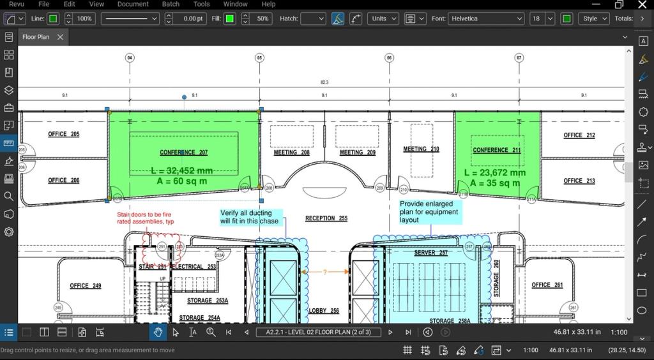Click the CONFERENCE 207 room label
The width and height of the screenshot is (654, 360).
click(183, 153)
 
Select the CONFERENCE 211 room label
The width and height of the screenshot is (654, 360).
click(496, 150)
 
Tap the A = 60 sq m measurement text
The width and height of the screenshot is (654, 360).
click(182, 181)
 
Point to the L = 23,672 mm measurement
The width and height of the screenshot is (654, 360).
click(494, 172)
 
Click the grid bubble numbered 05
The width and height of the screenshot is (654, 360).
click(259, 58)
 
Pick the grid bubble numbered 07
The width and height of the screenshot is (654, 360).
click(519, 58)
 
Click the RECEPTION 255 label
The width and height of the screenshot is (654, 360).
click(326, 218)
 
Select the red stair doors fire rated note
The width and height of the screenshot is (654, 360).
click(145, 218)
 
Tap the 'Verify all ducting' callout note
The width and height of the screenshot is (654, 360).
click(250, 217)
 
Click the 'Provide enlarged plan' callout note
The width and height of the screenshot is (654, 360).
click(429, 212)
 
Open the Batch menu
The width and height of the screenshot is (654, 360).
click(171, 4)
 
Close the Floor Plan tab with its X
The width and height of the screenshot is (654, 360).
click(61, 37)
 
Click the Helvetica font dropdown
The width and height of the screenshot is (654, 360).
click(486, 19)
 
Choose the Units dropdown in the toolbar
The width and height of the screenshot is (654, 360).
click(384, 19)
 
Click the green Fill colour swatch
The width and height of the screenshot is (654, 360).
click(230, 19)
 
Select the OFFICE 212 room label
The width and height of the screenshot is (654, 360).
click(579, 135)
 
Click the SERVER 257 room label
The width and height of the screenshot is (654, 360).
click(430, 253)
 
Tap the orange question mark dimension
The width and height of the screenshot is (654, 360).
click(324, 272)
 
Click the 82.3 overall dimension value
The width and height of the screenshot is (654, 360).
click(324, 83)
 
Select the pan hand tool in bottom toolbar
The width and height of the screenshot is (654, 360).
click(158, 333)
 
